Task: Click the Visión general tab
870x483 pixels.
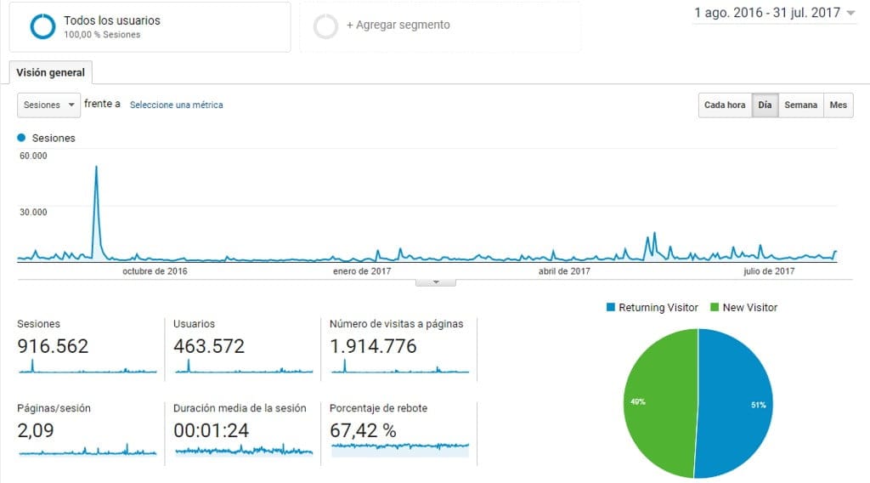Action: click(51, 73)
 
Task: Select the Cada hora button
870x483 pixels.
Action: click(725, 105)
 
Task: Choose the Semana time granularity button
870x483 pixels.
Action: click(800, 105)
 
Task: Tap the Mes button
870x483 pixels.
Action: click(839, 105)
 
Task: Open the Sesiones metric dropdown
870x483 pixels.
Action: click(49, 105)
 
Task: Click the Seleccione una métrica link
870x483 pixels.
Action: click(176, 105)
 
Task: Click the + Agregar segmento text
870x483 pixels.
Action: click(398, 26)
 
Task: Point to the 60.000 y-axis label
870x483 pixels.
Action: click(33, 156)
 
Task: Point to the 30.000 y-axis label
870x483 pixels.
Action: click(33, 212)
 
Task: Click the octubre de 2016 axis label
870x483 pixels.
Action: click(155, 271)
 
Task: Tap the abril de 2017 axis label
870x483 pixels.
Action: click(564, 271)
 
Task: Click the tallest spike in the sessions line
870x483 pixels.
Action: click(96, 168)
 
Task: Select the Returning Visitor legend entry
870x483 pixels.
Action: click(652, 308)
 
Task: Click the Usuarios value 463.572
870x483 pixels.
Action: click(209, 347)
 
